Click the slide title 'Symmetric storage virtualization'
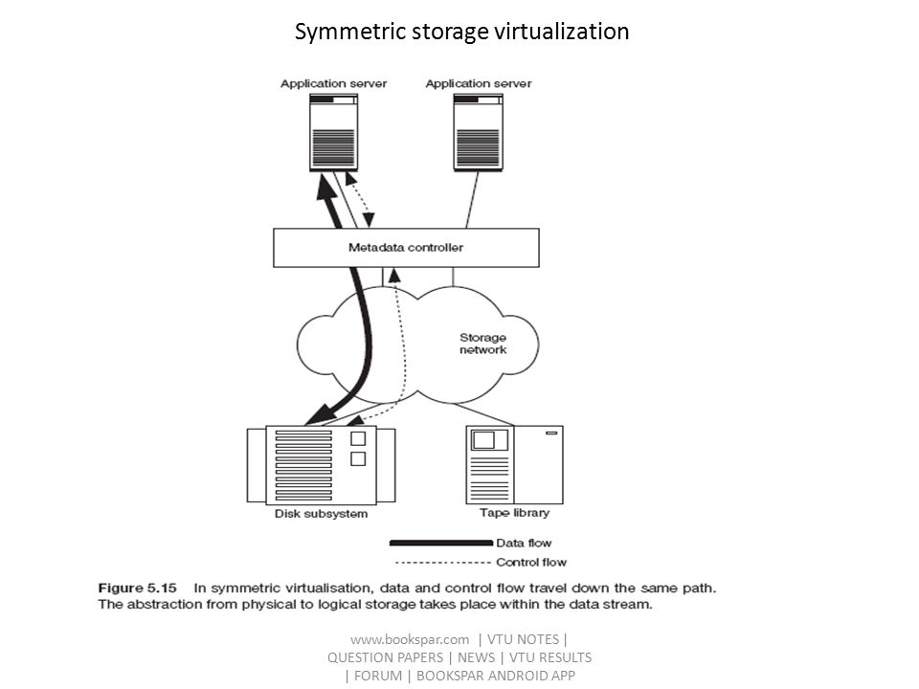click(x=461, y=32)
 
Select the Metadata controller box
click(x=406, y=248)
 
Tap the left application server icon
click(x=333, y=132)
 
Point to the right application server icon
click(x=479, y=132)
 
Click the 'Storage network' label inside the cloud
click(x=482, y=344)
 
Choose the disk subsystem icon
click(x=322, y=465)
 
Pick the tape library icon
click(x=515, y=465)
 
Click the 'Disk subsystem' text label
click(x=322, y=514)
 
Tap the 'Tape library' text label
click(x=515, y=513)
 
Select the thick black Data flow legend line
click(x=440, y=544)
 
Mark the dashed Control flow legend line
click(x=443, y=563)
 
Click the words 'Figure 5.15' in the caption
click(x=137, y=588)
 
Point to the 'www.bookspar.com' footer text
click(x=410, y=639)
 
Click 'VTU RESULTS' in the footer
click(x=550, y=657)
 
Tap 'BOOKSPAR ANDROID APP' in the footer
click(x=496, y=676)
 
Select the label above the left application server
click(x=333, y=84)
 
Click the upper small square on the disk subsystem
click(x=358, y=438)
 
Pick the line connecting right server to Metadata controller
click(x=472, y=200)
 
